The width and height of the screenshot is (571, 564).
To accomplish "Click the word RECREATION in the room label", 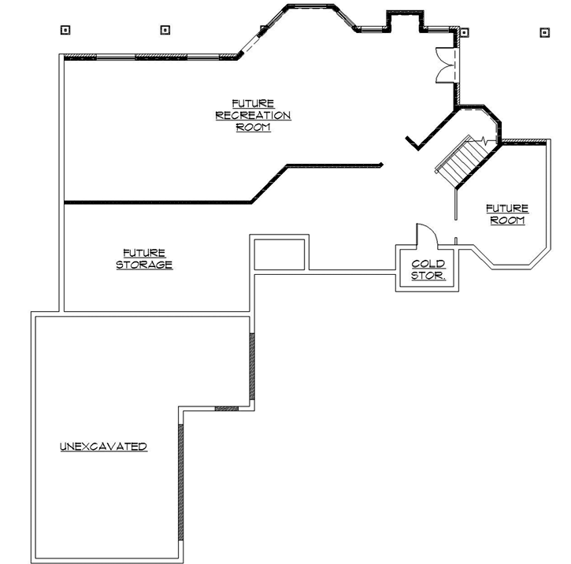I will [x=253, y=116].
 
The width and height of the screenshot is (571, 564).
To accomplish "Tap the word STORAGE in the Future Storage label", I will [x=144, y=265].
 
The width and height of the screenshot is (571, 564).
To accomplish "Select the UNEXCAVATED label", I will [x=103, y=447].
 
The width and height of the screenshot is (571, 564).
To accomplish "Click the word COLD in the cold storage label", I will [x=428, y=264].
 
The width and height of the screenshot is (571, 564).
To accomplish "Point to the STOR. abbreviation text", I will [x=428, y=276].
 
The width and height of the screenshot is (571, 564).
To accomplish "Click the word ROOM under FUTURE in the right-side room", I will [x=507, y=221].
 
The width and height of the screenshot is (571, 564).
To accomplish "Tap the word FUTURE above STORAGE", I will [x=144, y=254].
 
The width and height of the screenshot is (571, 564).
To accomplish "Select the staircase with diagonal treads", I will [x=461, y=161].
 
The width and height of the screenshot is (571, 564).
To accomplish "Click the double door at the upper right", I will [x=445, y=64].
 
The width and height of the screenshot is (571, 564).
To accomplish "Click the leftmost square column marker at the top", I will [x=65, y=31].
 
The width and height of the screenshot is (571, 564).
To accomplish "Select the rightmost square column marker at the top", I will [x=543, y=32].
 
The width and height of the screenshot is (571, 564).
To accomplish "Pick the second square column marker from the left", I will [x=165, y=30].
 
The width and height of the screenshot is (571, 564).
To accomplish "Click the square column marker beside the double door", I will [x=465, y=33].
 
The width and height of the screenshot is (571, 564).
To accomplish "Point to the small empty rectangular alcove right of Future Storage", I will [x=280, y=253].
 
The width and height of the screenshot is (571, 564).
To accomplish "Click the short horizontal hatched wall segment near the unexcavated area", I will [x=226, y=408].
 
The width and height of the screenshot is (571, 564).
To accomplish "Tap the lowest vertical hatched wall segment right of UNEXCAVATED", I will [x=181, y=481].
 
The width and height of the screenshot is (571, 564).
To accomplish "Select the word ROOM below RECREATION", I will [x=253, y=128].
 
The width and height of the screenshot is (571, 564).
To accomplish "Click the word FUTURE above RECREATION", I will [x=253, y=103].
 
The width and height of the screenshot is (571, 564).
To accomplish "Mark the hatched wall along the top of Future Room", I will [x=524, y=143].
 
